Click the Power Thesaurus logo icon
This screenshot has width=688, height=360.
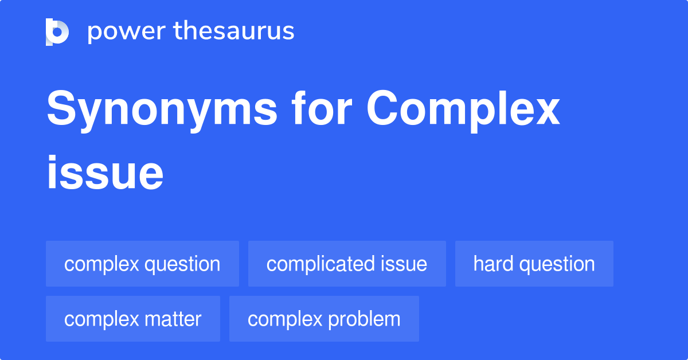pos(57,32)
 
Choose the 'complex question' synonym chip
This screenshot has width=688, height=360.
pos(142,264)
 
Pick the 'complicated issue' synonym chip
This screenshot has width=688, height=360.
pos(347,264)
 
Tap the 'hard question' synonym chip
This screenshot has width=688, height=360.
pos(534,264)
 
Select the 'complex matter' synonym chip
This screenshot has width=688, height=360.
pos(132,319)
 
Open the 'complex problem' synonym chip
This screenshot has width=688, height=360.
pos(324,319)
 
